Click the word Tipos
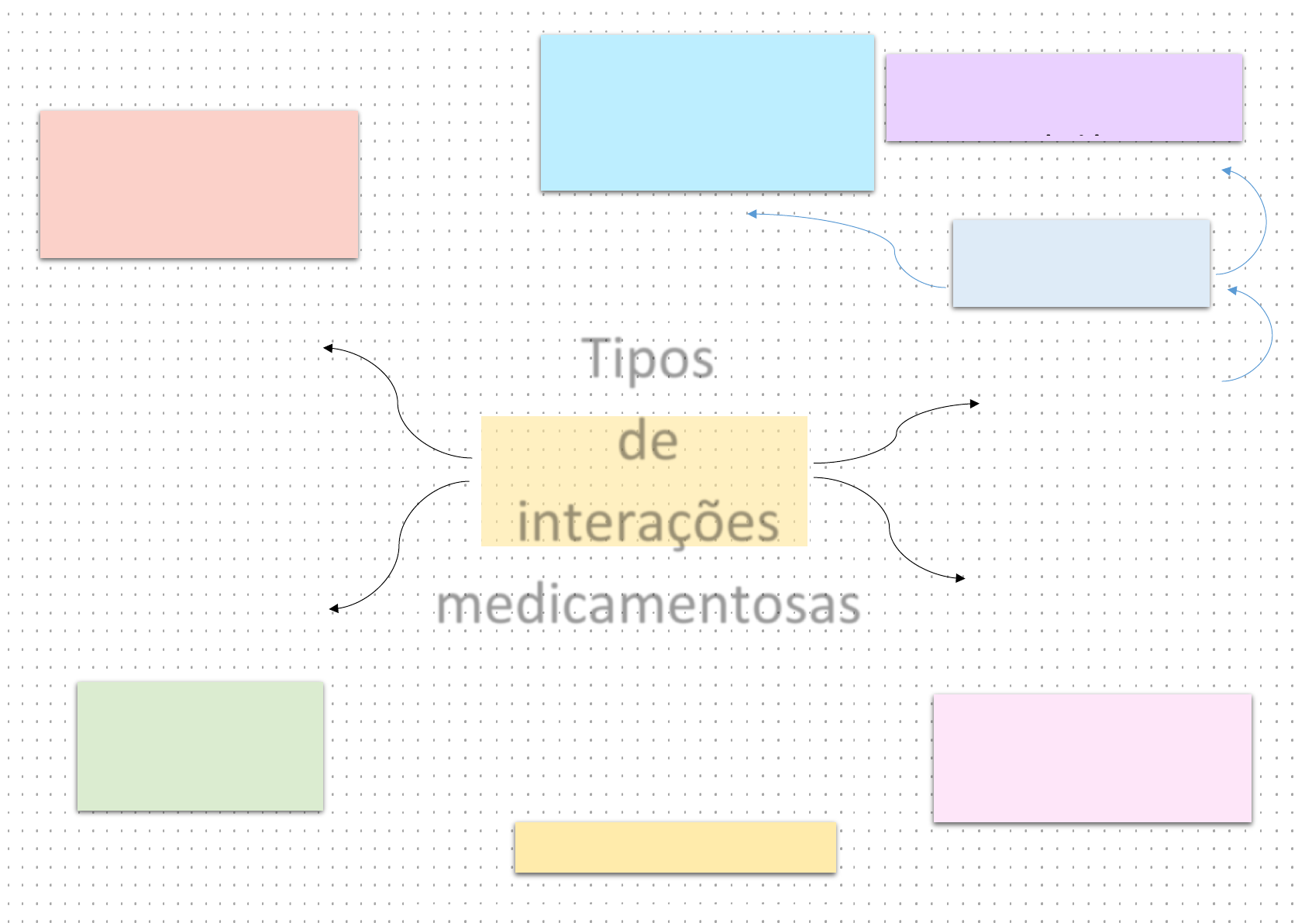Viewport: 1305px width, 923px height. click(649, 359)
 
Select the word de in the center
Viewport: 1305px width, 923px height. click(648, 441)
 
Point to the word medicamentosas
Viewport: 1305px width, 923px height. click(649, 604)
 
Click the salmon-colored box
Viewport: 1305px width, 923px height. click(198, 184)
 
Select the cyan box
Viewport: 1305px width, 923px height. click(707, 112)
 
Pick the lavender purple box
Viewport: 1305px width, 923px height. click(1063, 97)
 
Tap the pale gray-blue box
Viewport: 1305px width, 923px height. click(1080, 263)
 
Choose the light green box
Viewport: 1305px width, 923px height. click(200, 746)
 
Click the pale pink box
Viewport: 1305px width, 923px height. click(1092, 757)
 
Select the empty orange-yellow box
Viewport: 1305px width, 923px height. click(675, 847)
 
